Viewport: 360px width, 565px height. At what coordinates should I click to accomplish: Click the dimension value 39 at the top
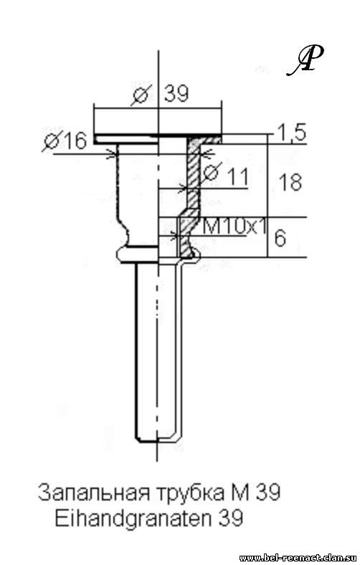click(176, 94)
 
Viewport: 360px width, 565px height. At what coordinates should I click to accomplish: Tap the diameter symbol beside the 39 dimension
click(141, 95)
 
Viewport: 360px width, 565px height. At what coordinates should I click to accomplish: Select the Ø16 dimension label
click(65, 140)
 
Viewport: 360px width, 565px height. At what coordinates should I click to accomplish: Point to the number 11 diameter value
click(238, 177)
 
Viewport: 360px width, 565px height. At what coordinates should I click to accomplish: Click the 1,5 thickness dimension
click(292, 132)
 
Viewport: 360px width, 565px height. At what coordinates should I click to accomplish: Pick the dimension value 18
click(290, 182)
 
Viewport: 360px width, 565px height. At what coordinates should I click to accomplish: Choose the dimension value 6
click(280, 238)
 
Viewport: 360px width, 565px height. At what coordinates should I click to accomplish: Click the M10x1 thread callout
click(235, 227)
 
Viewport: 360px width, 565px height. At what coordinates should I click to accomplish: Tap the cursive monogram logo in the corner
click(305, 60)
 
